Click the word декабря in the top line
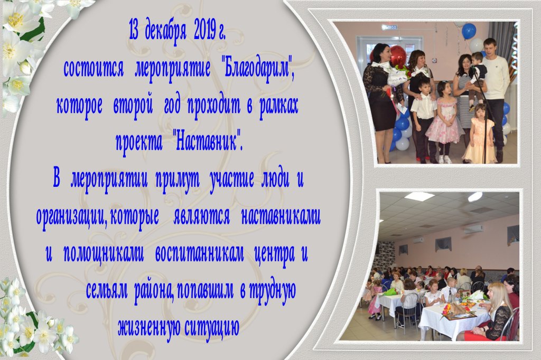[x=166, y=30]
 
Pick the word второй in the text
[x=133, y=106]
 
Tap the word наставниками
[x=281, y=216]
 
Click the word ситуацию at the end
[x=212, y=327]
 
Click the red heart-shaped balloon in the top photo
[x=398, y=56]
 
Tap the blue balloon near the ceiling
[x=469, y=31]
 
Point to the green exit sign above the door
[x=389, y=27]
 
